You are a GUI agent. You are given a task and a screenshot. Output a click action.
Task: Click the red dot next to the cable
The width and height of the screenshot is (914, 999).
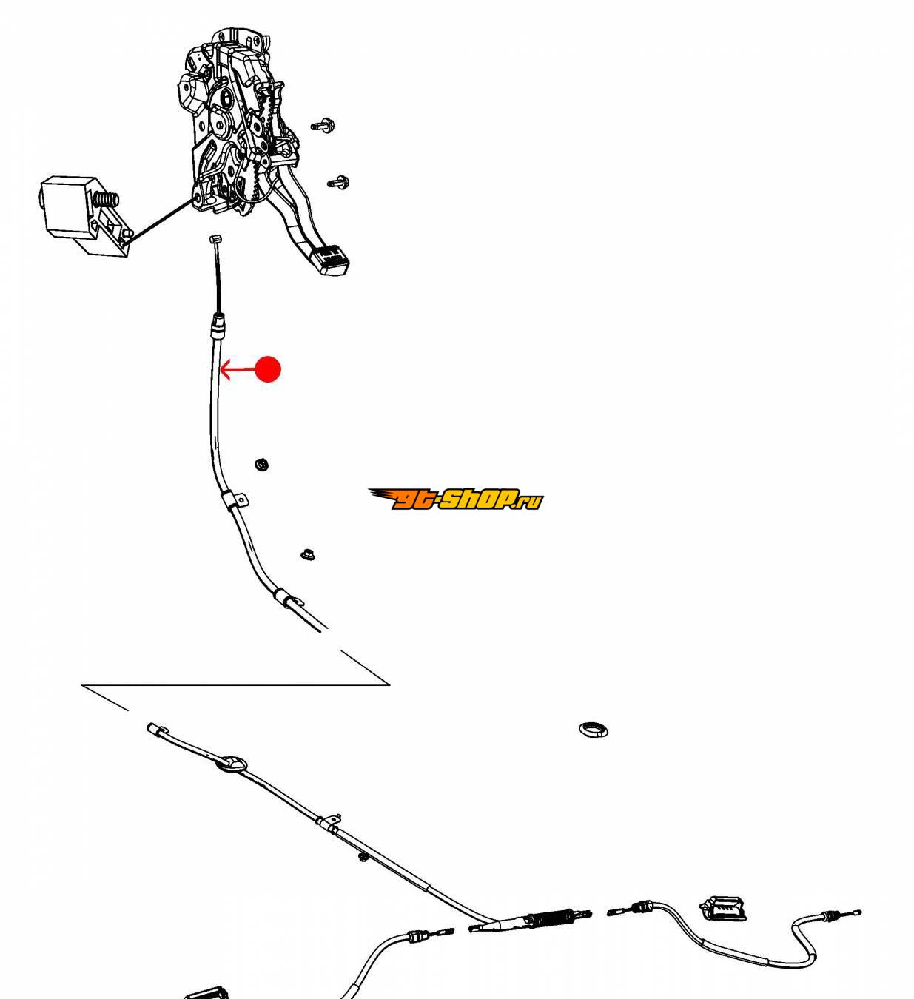pyautogui.click(x=267, y=369)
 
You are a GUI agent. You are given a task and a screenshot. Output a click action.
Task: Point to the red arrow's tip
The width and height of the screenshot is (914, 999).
pyautogui.click(x=222, y=369)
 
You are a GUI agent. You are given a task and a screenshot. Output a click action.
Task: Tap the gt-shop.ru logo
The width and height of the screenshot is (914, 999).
pyautogui.click(x=456, y=499)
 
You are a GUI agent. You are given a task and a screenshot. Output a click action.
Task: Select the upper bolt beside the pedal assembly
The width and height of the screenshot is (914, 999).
pyautogui.click(x=322, y=125)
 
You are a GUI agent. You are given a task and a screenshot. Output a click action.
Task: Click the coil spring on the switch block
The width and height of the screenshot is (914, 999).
pyautogui.click(x=107, y=200)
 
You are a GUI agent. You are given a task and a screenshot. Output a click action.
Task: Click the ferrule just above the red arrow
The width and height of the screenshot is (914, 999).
pyautogui.click(x=218, y=325)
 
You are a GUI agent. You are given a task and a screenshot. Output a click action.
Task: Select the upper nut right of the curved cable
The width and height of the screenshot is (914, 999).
pyautogui.click(x=261, y=465)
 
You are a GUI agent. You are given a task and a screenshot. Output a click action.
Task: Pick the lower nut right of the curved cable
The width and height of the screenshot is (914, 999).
pyautogui.click(x=307, y=554)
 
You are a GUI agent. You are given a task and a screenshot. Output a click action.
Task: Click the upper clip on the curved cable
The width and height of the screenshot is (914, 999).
pyautogui.click(x=233, y=502)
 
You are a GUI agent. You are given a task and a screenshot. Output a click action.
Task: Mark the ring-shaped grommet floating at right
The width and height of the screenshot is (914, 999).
pyautogui.click(x=593, y=730)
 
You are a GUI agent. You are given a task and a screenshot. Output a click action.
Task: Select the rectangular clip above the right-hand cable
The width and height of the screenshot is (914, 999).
pyautogui.click(x=722, y=907)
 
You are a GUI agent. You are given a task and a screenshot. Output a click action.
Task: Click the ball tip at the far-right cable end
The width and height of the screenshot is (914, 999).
pyautogui.click(x=858, y=912)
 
